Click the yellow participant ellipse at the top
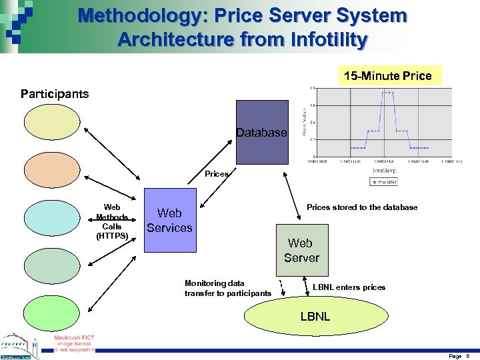tap(51, 125)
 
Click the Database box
tap(263, 132)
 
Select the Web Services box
tap(170, 221)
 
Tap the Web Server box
tap(302, 251)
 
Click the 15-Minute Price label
tap(388, 75)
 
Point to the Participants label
tap(55, 93)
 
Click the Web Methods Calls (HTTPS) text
tap(112, 221)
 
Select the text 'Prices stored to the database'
tap(362, 207)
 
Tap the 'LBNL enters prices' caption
tap(349, 287)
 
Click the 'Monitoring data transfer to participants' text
tap(227, 288)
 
